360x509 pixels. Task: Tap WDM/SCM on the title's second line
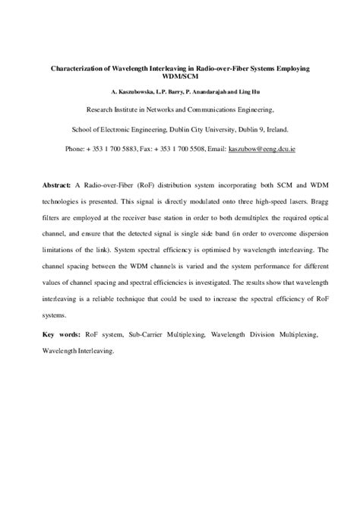pyautogui.click(x=179, y=77)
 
